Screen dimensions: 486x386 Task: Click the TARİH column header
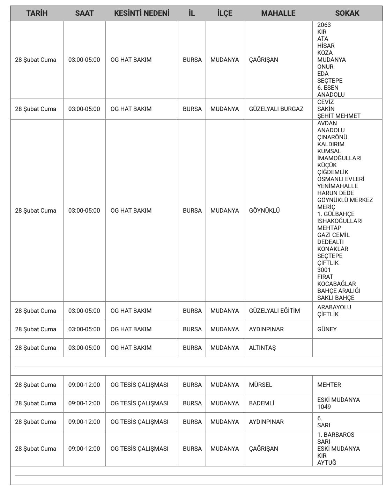37,13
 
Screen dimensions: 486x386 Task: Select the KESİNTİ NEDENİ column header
142,13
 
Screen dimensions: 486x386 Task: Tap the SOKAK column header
347,13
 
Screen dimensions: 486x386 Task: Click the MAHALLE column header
278,13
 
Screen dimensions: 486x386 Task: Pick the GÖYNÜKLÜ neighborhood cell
264,211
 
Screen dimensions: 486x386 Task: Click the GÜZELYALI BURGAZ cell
276,109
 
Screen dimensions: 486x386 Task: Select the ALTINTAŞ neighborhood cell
262,348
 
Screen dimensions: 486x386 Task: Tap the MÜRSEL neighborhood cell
260,385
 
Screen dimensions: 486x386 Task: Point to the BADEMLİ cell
261,403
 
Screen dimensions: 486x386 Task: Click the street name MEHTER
329,385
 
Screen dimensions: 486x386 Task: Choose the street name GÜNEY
327,329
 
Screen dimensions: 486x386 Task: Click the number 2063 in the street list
324,25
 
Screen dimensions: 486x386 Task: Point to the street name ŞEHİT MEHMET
339,116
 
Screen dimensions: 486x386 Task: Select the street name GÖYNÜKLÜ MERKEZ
345,200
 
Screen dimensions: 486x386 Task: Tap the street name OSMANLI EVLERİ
341,179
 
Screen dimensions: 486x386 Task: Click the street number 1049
324,407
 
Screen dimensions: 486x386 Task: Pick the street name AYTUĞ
327,463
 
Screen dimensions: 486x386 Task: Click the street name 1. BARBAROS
335,435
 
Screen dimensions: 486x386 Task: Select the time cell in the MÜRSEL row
84,385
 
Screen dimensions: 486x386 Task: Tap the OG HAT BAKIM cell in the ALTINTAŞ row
131,348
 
